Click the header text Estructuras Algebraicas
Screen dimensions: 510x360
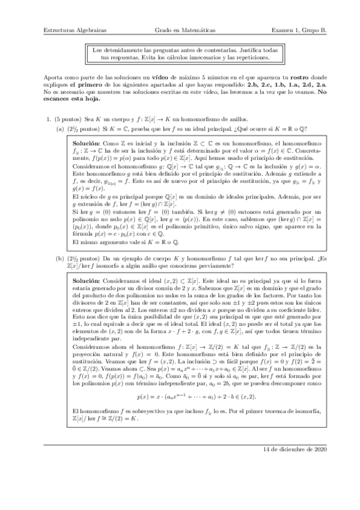pyautogui.click(x=70, y=29)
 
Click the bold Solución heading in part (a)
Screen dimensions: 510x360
pyautogui.click(x=85, y=145)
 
